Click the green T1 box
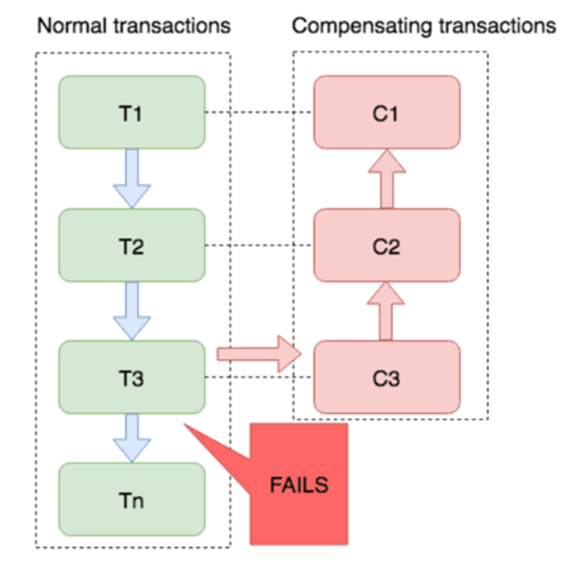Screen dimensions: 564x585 pos(132,112)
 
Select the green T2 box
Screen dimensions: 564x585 pos(132,245)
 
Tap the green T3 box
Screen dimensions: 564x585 pos(132,377)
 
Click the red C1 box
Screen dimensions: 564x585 pos(387,112)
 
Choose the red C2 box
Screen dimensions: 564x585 pos(387,245)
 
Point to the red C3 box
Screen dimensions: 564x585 pos(387,377)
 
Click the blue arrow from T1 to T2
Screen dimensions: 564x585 pos(132,178)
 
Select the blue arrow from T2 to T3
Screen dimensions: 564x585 pos(132,311)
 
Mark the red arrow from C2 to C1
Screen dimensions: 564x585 pos(387,178)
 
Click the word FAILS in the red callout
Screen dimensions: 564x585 pos(299,485)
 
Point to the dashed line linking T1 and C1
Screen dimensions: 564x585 pos(259,112)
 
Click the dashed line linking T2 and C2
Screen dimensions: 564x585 pos(259,245)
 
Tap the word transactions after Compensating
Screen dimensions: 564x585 pos(490,26)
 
